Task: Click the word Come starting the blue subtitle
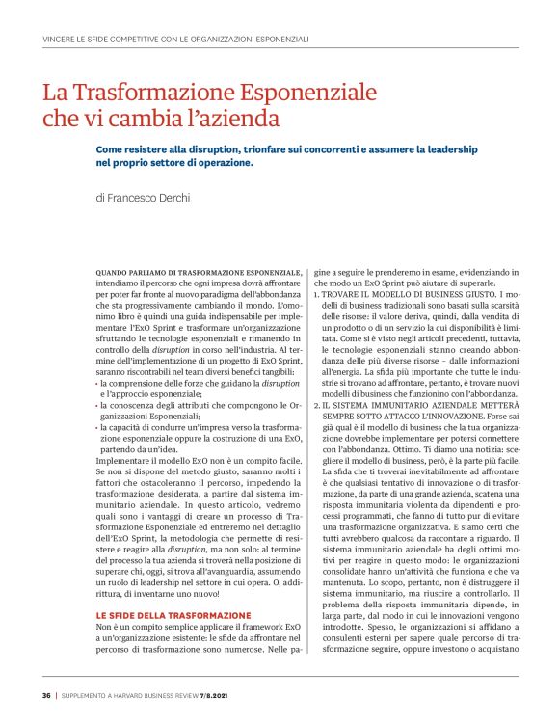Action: coord(109,150)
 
